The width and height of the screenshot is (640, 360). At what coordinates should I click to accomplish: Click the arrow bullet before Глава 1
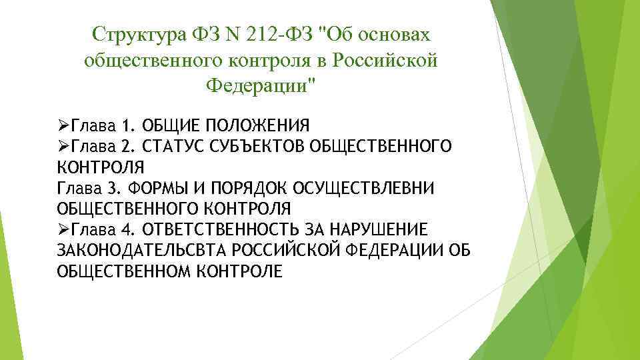coord(64,125)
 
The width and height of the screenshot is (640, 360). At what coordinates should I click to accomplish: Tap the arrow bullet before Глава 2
coord(64,145)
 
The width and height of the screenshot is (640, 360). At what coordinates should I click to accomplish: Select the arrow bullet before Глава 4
coord(64,229)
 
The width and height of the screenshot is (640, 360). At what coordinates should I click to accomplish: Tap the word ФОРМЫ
coord(153,187)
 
